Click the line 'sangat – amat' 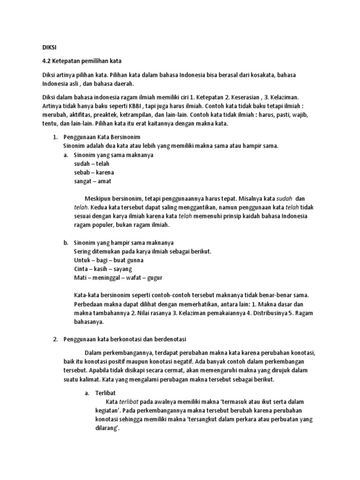tap(93, 181)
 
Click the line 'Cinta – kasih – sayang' tap(103, 269)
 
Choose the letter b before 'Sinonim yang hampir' tap(66, 243)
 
